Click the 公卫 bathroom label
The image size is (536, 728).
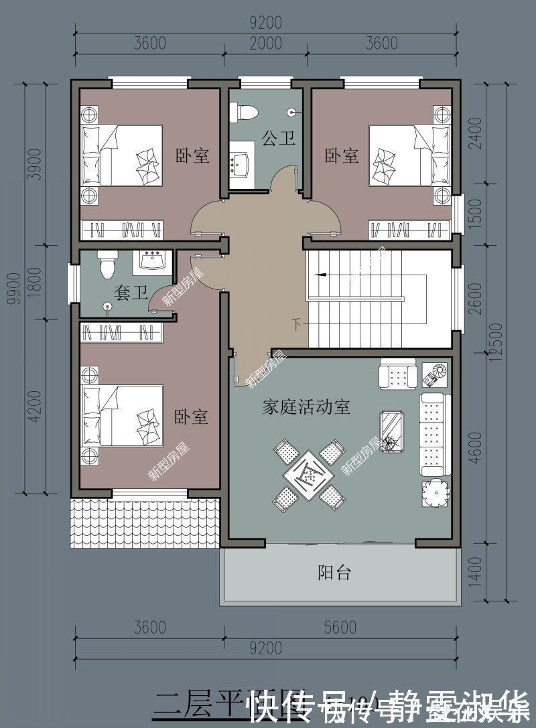[279, 139]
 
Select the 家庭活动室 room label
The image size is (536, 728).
[306, 407]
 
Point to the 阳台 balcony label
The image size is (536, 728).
[334, 573]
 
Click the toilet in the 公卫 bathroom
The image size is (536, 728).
[243, 112]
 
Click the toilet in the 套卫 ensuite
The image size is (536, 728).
[107, 265]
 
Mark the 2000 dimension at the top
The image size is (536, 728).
[266, 44]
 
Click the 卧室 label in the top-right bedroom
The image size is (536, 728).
[342, 156]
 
